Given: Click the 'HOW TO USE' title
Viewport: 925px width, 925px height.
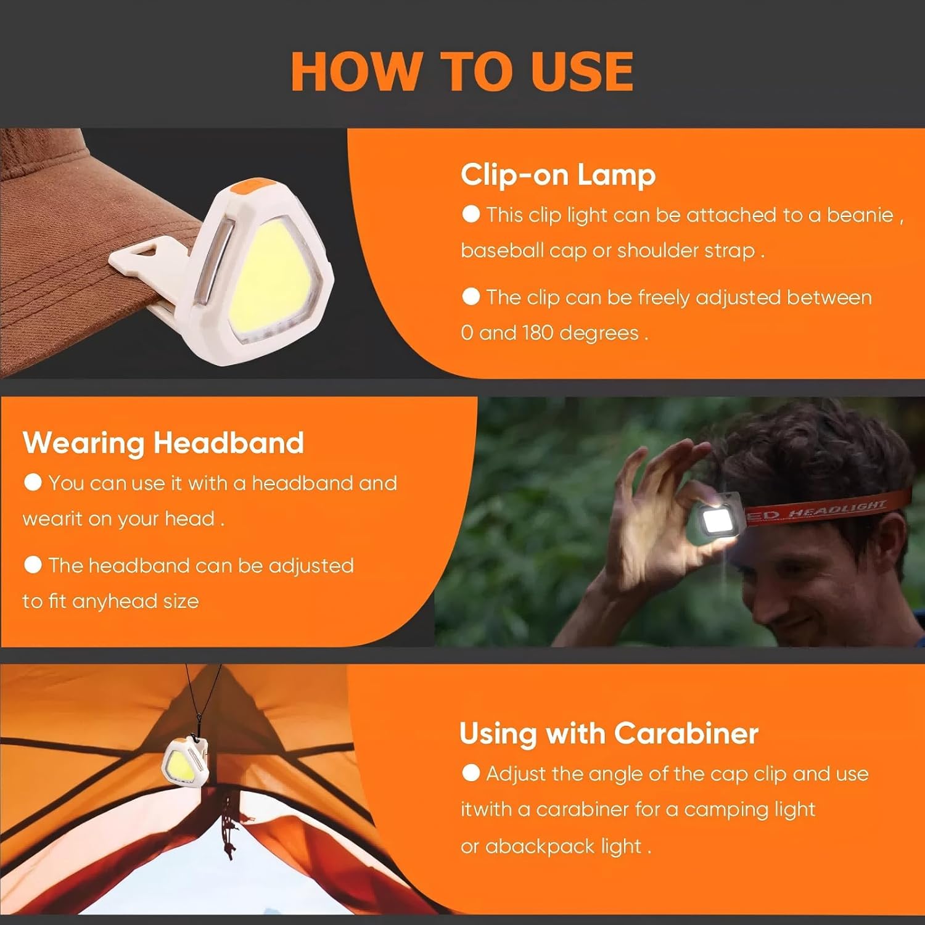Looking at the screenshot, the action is point(462,71).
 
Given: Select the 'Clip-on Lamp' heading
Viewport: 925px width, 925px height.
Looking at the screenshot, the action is point(558,175).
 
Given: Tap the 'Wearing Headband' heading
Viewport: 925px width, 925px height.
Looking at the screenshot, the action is point(163,443).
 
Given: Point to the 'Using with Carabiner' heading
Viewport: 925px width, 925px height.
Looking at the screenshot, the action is point(609,734).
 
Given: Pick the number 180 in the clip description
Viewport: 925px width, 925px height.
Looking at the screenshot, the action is point(537,333).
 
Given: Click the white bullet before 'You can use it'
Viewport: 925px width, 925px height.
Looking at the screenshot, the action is point(33,482).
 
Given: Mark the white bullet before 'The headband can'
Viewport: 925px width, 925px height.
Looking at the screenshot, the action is point(33,564).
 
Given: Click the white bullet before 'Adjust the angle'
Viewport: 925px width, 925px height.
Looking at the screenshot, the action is point(471,773).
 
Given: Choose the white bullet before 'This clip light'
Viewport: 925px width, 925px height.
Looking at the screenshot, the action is point(471,214).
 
